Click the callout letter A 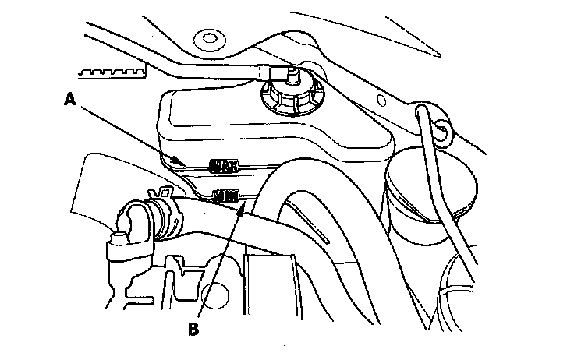[x=69, y=100]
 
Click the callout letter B [x=194, y=328]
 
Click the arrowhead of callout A [x=185, y=164]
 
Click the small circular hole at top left [x=207, y=37]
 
